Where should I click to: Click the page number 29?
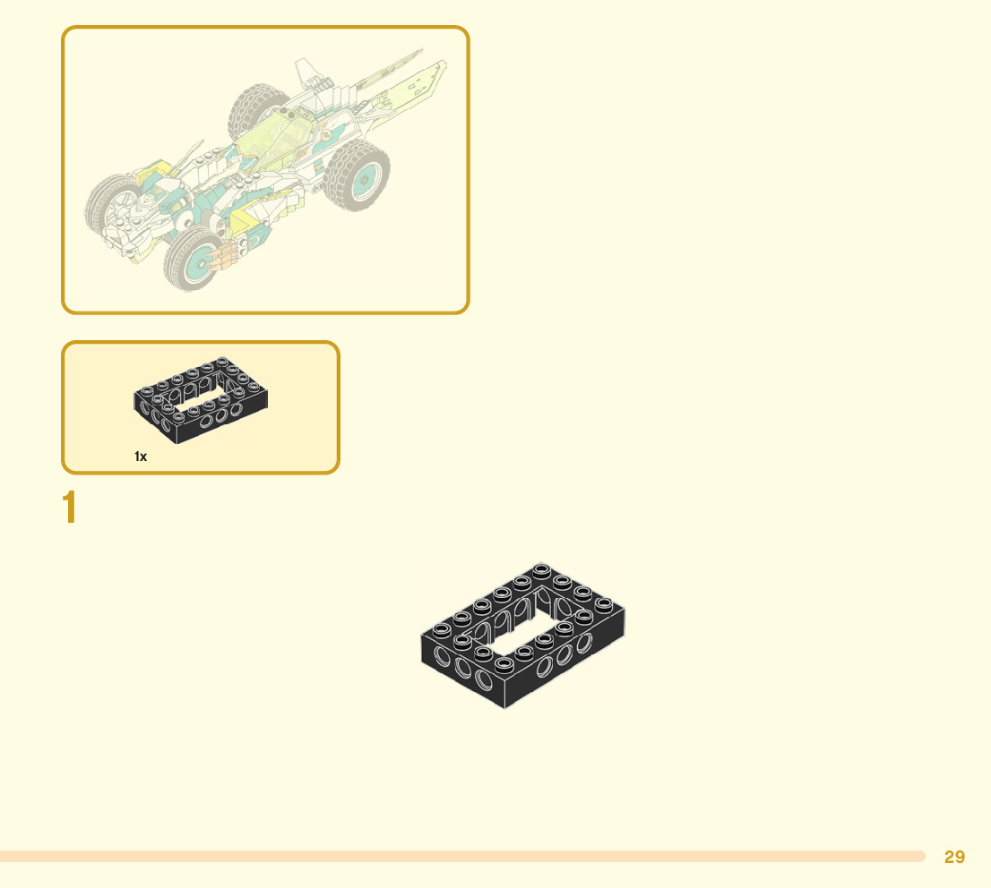click(954, 857)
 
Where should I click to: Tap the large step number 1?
click(69, 508)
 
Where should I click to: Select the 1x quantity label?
click(141, 457)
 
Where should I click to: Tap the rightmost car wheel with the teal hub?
click(358, 179)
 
